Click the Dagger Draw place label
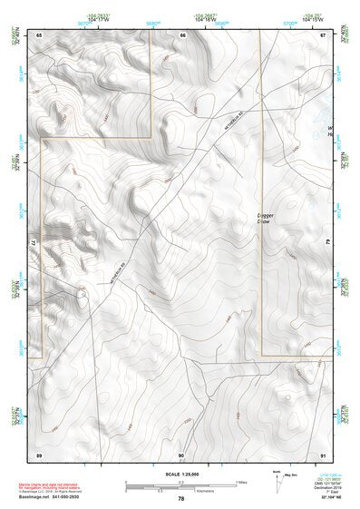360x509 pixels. pos(264,218)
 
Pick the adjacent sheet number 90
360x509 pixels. pos(181,453)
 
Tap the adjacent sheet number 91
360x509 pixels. pos(322,453)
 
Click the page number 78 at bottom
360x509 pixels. pos(181,498)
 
